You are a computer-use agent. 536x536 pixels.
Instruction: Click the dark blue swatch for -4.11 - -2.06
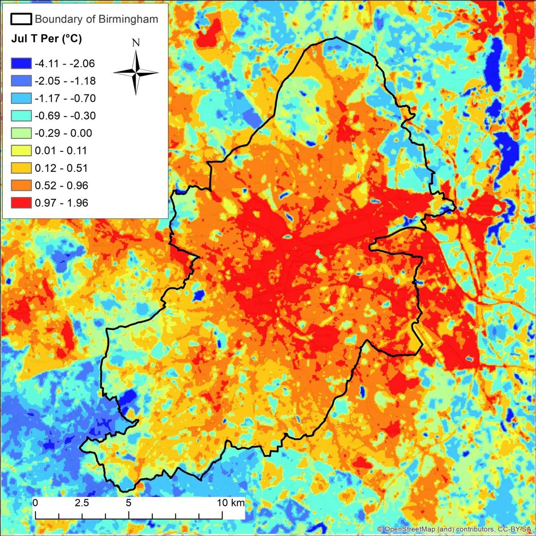point(21,64)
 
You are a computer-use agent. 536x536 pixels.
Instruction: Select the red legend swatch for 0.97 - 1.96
point(21,203)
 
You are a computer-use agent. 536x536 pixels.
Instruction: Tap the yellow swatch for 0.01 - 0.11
point(21,150)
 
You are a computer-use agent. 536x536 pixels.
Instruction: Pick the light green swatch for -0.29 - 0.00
point(21,133)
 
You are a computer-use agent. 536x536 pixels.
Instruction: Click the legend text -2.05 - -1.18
point(64,81)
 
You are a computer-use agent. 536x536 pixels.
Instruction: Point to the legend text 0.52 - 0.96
point(61,185)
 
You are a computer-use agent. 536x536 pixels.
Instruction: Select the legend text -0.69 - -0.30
point(64,116)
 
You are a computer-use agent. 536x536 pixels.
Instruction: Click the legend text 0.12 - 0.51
point(61,168)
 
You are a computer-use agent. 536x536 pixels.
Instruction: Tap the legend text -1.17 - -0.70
point(64,99)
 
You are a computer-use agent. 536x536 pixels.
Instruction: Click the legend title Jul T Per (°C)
point(46,39)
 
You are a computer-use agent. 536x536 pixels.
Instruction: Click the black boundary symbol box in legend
point(21,19)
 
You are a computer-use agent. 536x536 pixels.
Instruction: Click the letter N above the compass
point(136,43)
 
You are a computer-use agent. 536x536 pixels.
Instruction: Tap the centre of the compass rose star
point(136,73)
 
